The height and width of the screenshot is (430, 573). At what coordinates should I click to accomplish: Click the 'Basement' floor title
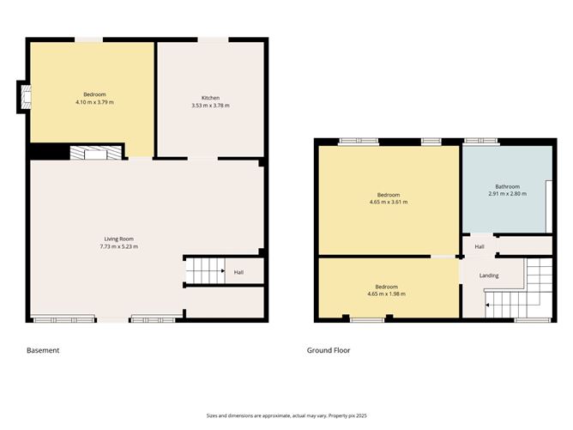click(43, 350)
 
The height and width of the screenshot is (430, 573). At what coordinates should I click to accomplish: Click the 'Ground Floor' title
click(329, 350)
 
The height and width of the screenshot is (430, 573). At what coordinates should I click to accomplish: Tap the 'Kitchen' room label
click(210, 97)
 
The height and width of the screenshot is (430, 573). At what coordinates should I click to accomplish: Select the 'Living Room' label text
click(119, 239)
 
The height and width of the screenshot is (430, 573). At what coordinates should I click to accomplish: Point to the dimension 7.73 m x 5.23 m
click(119, 246)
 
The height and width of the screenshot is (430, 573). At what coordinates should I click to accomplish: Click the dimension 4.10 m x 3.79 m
click(94, 102)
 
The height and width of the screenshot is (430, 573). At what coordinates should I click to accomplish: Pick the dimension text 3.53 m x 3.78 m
click(210, 105)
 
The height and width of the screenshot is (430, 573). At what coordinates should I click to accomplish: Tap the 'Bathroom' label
click(507, 186)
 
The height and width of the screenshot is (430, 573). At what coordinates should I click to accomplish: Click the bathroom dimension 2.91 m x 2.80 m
click(507, 194)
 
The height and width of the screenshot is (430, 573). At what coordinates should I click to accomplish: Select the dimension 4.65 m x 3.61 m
click(389, 203)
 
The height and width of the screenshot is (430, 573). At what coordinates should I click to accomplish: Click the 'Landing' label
click(489, 276)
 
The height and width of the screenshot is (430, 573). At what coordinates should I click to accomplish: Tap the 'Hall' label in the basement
click(238, 273)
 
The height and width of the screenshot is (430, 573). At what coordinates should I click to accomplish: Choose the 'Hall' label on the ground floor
click(480, 247)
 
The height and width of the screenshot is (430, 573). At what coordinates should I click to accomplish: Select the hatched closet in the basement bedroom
click(89, 152)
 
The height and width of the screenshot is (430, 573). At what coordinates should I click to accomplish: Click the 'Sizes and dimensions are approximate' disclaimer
click(286, 415)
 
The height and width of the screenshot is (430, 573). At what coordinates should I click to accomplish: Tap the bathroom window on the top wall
click(476, 141)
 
